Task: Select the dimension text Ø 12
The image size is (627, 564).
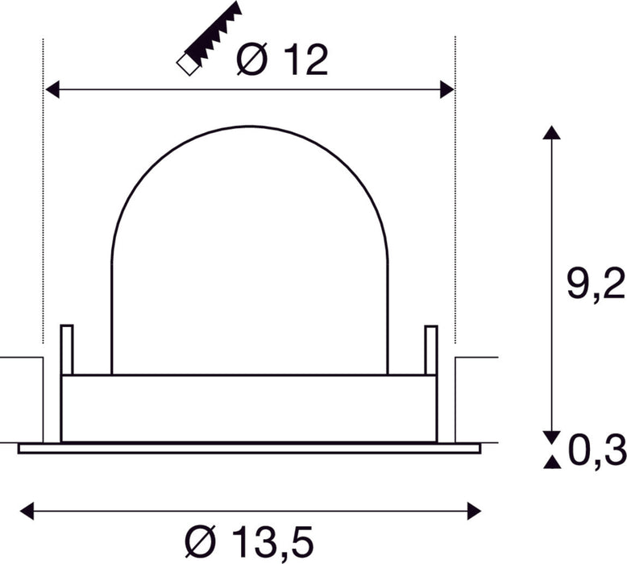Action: [x=284, y=60]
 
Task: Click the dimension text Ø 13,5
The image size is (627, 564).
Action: [x=247, y=538]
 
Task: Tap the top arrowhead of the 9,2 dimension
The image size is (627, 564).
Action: [x=550, y=134]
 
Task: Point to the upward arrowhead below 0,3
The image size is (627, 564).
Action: [x=550, y=462]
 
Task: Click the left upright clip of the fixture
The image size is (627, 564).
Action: [x=67, y=350]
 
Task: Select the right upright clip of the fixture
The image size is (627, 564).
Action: [x=431, y=350]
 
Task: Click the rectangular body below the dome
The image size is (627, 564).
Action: [x=249, y=408]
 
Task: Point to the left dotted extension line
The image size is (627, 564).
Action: [x=42, y=201]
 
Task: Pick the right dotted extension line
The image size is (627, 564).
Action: [x=455, y=201]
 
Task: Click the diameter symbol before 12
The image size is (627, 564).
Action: [x=251, y=60]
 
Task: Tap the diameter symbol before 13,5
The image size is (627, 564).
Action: [x=197, y=538]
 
